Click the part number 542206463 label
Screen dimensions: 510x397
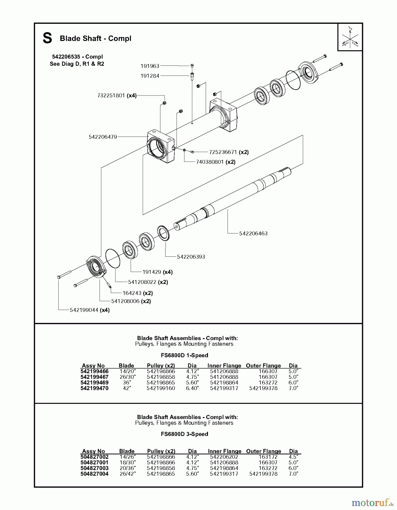click(253, 233)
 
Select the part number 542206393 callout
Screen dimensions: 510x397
click(191, 257)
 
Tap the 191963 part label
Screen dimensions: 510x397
click(150, 66)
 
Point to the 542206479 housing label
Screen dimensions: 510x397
click(103, 137)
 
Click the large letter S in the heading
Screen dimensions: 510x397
click(47, 38)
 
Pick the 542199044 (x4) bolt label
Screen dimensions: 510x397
click(90, 310)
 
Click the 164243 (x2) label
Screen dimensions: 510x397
click(137, 293)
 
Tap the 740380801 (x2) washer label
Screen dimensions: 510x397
click(216, 162)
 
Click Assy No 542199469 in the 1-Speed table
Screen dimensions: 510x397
click(94, 382)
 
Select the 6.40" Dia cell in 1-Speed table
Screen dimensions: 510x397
click(192, 388)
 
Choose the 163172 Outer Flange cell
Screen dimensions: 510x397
click(268, 457)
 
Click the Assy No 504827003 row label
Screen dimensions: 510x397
click(94, 468)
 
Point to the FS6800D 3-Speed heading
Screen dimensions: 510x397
click(184, 434)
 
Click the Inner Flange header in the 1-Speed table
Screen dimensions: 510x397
click(224, 365)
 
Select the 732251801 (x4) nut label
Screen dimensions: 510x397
click(117, 95)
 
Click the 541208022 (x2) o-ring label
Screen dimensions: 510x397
click(148, 282)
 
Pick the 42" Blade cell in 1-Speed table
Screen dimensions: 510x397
click(127, 388)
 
